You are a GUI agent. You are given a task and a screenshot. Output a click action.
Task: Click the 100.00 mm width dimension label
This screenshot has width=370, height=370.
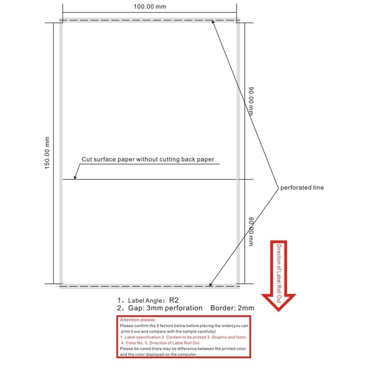point(150,7)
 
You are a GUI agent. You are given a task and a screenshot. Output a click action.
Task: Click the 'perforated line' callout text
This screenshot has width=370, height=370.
point(302,188)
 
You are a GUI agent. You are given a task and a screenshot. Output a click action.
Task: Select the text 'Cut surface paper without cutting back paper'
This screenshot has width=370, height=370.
point(147,159)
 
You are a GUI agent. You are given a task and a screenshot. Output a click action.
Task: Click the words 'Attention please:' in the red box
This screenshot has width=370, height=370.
point(138,320)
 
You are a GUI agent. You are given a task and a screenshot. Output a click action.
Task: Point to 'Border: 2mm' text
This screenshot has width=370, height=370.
point(232,308)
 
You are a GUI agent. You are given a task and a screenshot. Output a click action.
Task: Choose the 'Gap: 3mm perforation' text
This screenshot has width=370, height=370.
point(159,308)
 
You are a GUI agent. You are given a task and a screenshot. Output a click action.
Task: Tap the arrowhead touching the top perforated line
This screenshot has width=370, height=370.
point(214,23)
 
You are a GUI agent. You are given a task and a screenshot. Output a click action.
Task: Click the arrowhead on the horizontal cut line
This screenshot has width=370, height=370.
point(76,178)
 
